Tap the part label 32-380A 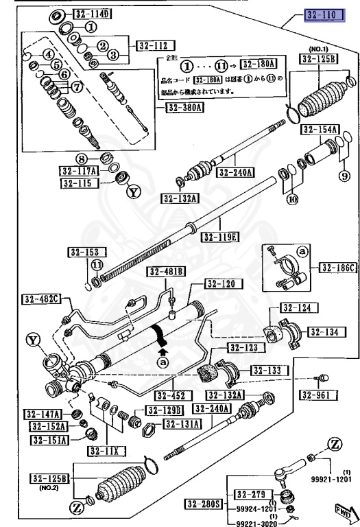coord(184,108)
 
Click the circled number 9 coord(344,176)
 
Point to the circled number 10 coord(293,200)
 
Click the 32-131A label coord(180,424)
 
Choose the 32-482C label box coord(40,298)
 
